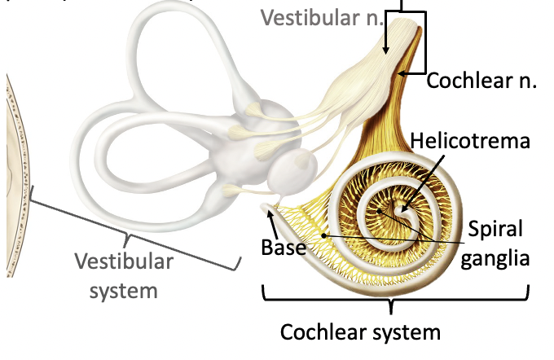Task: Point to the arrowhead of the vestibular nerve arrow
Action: pyautogui.click(x=385, y=53)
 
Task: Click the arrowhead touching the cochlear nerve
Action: pyautogui.click(x=402, y=73)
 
